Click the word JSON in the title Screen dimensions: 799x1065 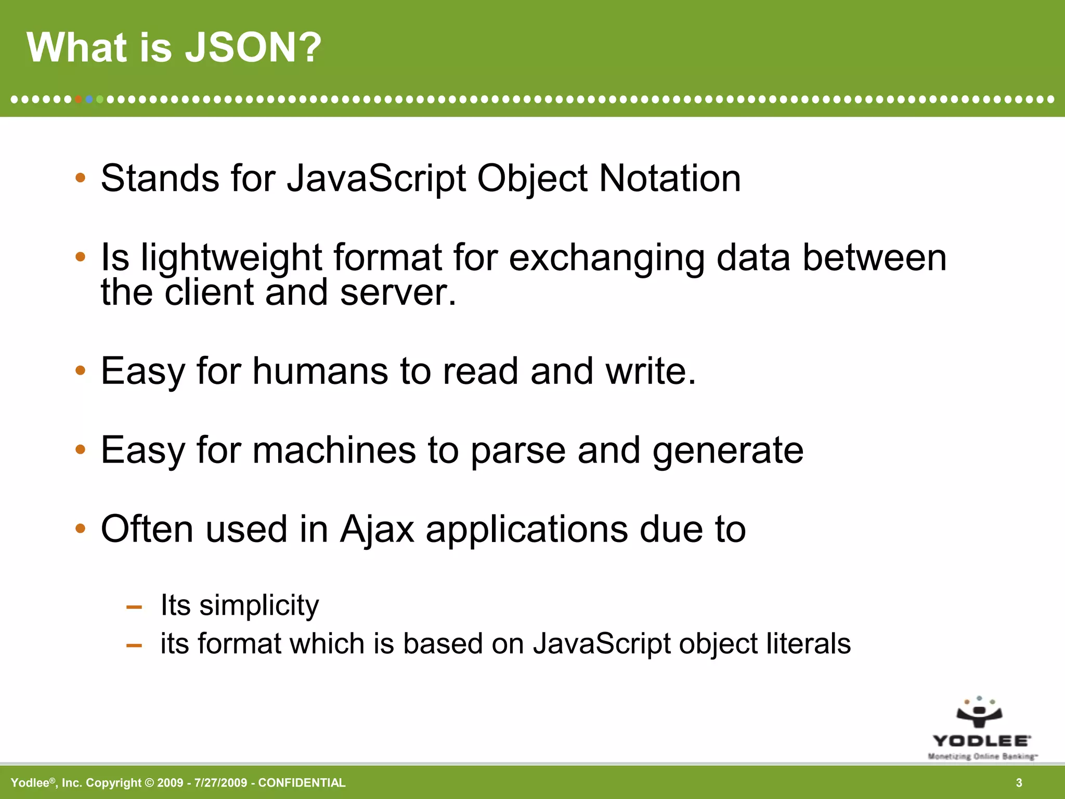click(x=253, y=48)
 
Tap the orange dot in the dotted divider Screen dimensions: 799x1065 click(x=78, y=99)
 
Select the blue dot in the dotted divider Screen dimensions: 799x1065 click(x=89, y=99)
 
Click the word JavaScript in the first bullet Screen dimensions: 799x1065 click(x=376, y=179)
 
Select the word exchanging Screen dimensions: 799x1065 click(x=606, y=258)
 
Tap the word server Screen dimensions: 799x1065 click(x=398, y=292)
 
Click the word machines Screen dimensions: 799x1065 click(x=334, y=450)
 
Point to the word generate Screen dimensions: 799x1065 click(x=728, y=450)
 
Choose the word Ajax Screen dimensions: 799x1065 click(x=377, y=530)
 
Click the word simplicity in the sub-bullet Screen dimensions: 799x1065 click(x=259, y=605)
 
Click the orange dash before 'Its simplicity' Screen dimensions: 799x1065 click(x=134, y=607)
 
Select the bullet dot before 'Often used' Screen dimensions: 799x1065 click(x=80, y=529)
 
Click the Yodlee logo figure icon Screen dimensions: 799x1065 click(x=979, y=712)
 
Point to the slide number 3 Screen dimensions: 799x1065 click(x=1019, y=783)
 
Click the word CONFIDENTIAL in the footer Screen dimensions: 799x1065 click(x=302, y=783)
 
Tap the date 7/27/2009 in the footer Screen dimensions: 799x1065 click(x=220, y=783)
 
